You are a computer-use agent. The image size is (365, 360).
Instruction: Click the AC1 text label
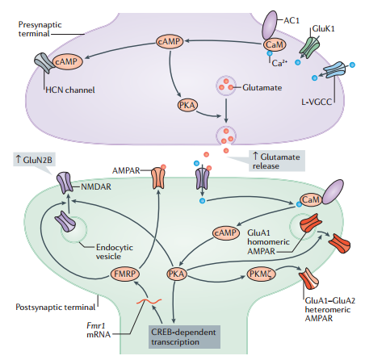coord(292,20)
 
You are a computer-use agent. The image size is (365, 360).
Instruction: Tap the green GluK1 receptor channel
coord(309,47)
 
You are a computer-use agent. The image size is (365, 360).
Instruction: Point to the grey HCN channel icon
coord(43,63)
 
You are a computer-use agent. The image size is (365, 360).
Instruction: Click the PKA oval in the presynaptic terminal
coord(187,105)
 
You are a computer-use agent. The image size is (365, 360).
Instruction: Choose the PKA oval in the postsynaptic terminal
coord(176,274)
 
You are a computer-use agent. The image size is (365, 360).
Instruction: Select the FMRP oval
coord(125,274)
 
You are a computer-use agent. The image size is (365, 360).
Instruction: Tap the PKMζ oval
coord(261,274)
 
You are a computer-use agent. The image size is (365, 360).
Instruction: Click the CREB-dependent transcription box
coord(184,337)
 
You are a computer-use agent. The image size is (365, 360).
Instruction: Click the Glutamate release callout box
coord(277,161)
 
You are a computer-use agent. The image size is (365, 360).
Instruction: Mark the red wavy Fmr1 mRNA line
coord(149,301)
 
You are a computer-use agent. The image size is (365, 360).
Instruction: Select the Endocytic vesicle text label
coord(115,252)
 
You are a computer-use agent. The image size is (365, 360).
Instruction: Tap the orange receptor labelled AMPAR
coord(158,178)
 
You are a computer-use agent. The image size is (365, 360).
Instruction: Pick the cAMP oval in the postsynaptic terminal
coord(226,232)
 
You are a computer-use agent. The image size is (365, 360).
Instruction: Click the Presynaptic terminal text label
coord(40,29)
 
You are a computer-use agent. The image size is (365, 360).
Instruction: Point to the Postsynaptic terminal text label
coord(56,307)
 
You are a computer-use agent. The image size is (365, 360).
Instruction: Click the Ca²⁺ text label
coord(279,63)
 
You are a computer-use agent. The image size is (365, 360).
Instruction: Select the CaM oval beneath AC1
coord(275,44)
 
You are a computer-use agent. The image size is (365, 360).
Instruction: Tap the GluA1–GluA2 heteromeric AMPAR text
coord(329,309)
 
